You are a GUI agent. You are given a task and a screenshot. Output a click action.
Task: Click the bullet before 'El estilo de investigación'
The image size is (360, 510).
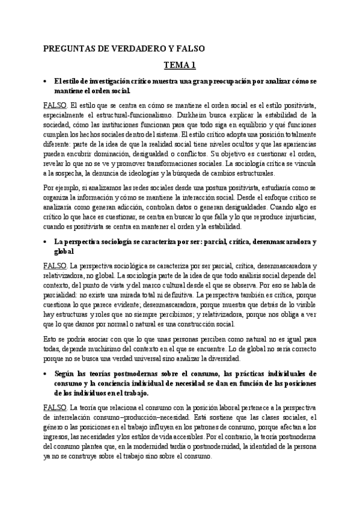[46, 81]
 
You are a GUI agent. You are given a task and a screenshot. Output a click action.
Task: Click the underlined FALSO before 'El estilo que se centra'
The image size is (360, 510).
[55, 105]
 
